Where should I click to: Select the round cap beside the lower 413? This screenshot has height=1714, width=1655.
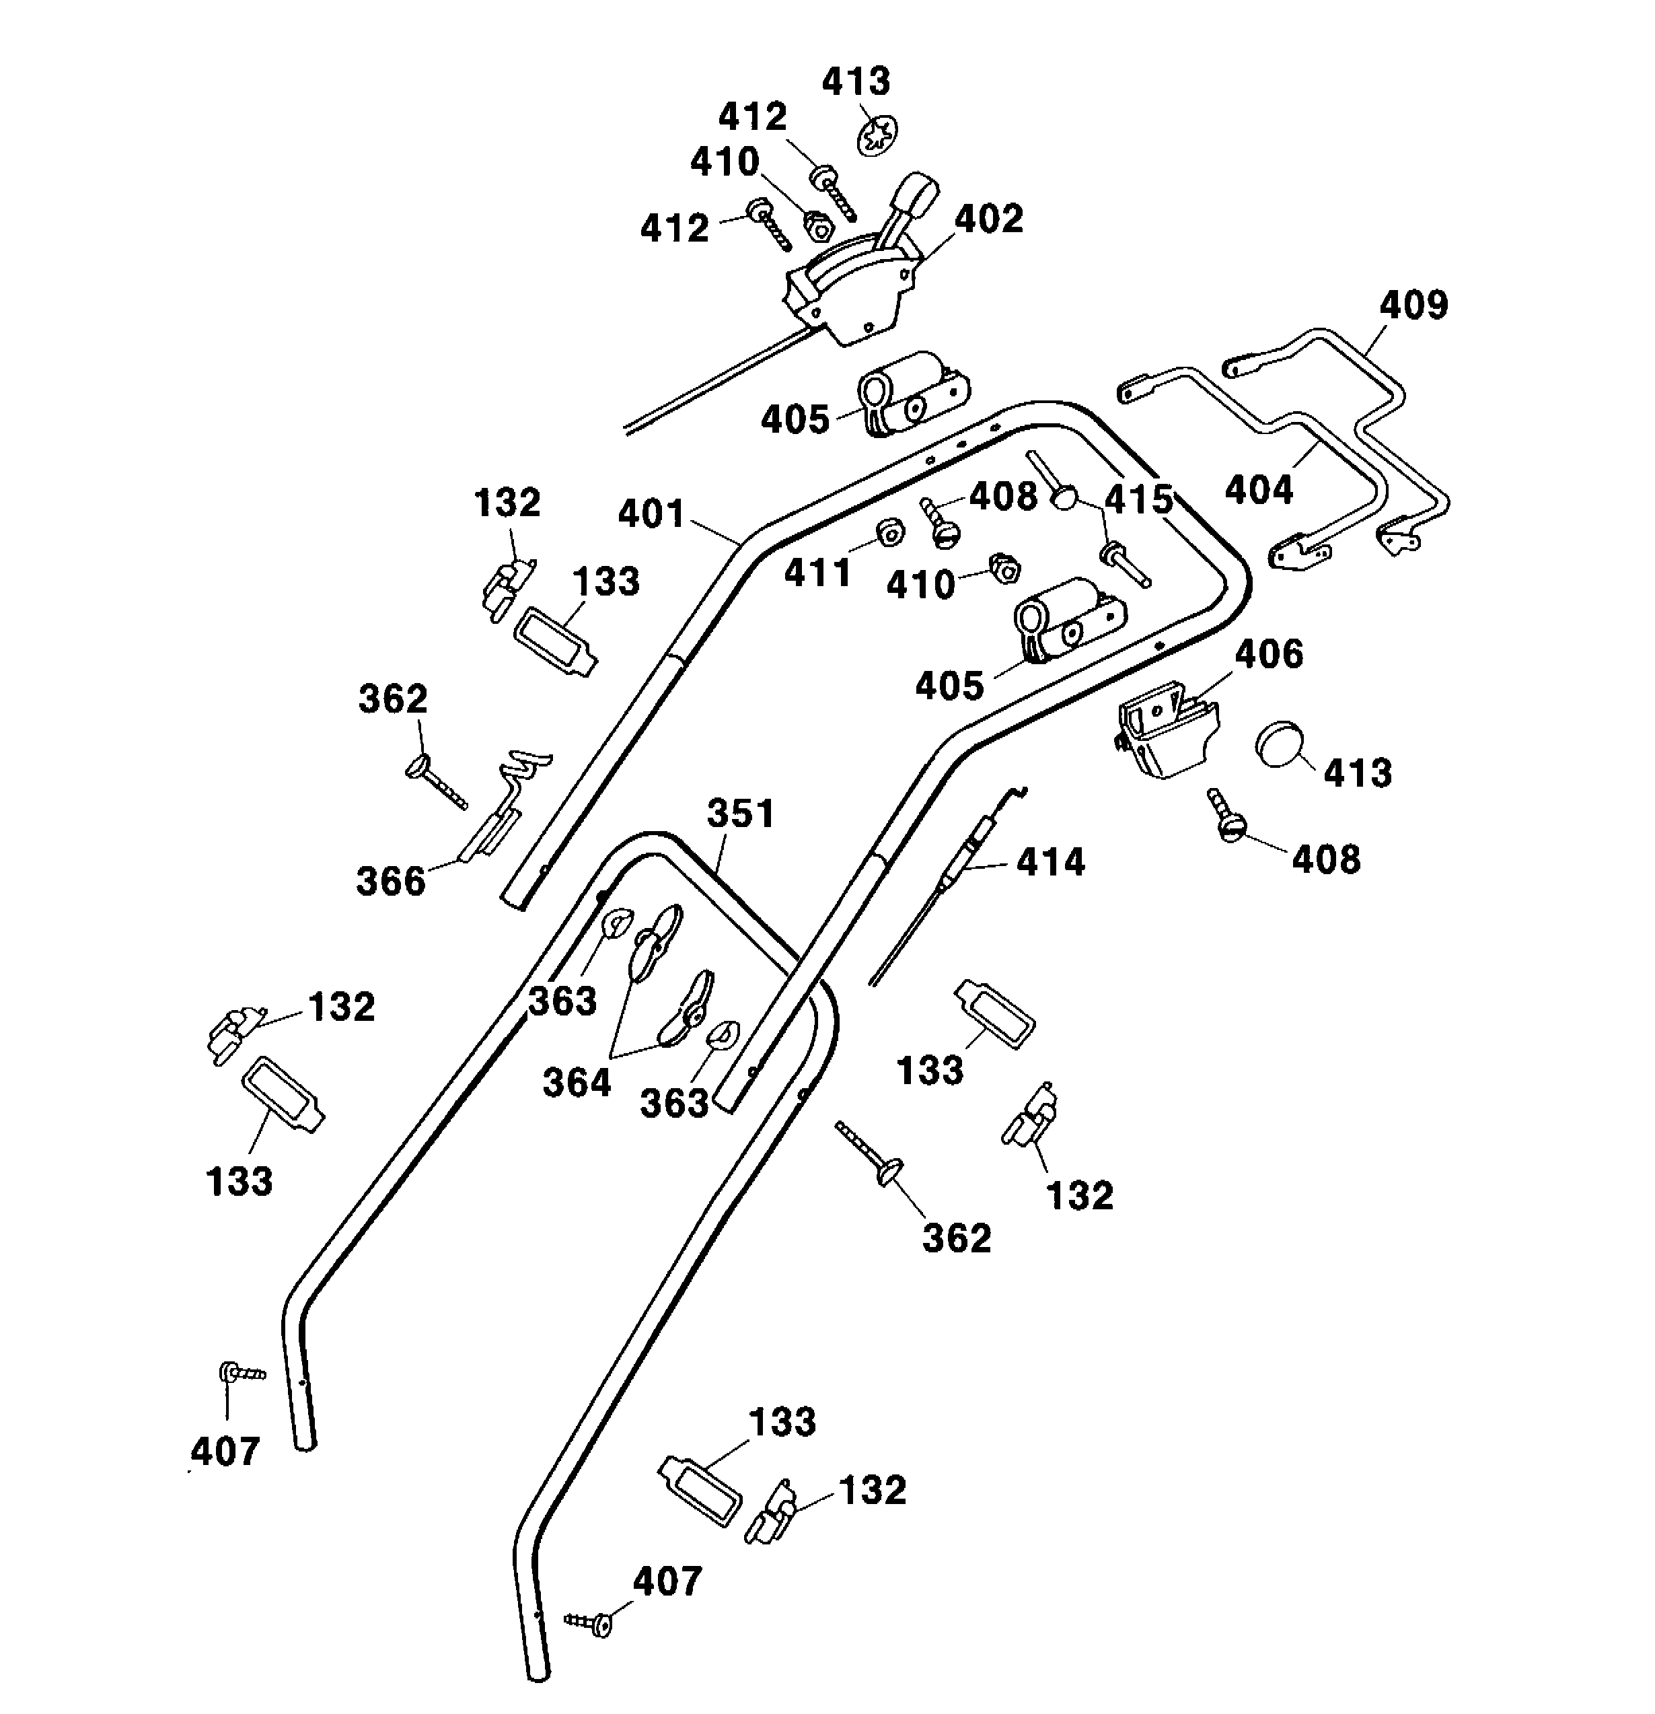[x=1279, y=745]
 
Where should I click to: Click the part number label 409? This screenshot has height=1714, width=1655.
[x=1413, y=306]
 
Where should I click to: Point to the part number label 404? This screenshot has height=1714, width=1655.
[x=1258, y=490]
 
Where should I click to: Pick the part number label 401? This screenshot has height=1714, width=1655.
[x=651, y=513]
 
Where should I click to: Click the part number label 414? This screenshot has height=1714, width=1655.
[x=1050, y=862]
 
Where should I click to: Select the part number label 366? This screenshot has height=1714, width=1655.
[x=390, y=881]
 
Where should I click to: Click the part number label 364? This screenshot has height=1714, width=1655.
[x=576, y=1083]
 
